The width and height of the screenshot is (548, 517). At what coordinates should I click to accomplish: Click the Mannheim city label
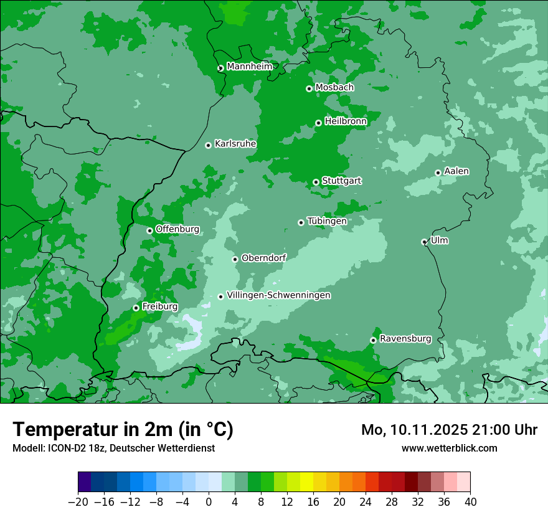(x=249, y=67)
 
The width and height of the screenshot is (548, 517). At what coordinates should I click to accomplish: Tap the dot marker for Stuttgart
(x=316, y=183)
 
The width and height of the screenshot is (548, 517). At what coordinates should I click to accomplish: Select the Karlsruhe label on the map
(x=235, y=144)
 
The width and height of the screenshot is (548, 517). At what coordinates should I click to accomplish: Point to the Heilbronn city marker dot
(x=318, y=123)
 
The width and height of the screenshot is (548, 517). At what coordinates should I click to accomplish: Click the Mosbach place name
(x=334, y=88)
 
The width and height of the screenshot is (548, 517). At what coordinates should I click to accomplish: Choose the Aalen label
(x=456, y=171)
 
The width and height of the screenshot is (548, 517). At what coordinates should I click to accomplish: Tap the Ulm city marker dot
(x=424, y=242)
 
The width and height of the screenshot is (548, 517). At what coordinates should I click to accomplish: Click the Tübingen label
(x=327, y=221)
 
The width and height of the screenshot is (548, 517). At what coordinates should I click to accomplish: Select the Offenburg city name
(x=177, y=229)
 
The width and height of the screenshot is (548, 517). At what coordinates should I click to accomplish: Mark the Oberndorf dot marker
(x=235, y=259)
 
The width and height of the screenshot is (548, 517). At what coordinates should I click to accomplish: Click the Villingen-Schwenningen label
(x=279, y=295)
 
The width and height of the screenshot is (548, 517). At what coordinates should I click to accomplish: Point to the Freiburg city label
(x=160, y=306)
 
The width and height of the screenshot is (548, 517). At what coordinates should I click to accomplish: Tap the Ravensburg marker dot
(x=373, y=340)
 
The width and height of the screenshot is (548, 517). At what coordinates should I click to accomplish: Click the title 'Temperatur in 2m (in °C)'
(x=123, y=429)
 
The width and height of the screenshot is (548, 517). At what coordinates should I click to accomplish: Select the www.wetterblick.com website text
(x=450, y=448)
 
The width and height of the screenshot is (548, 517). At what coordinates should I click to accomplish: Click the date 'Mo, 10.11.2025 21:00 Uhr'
(x=450, y=430)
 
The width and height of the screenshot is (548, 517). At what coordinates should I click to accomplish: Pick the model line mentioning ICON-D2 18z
(x=113, y=448)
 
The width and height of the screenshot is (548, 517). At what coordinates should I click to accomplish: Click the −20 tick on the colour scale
(x=78, y=502)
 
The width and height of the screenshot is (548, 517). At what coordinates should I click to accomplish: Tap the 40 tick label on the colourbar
(x=470, y=502)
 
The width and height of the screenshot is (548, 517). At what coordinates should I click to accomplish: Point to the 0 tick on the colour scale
(x=209, y=502)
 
